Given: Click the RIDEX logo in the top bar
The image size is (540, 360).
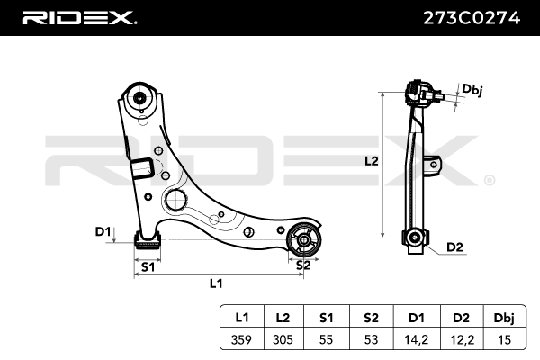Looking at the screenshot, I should tap(79, 18).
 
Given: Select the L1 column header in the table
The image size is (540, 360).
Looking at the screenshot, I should tap(241, 319).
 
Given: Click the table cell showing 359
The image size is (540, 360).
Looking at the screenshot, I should tap(241, 339).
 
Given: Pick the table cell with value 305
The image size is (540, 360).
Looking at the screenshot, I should tap(283, 339).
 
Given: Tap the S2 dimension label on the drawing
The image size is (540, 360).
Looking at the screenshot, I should tap(304, 265).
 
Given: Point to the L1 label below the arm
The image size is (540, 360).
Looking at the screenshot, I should tap(216, 283).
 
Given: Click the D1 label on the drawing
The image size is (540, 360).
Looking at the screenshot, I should tap(102, 233).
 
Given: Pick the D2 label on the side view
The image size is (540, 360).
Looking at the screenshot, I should tap(454, 247).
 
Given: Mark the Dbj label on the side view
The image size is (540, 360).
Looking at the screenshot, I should tap(472, 89).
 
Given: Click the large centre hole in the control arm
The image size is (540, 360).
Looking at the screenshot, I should tap(175, 199).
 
